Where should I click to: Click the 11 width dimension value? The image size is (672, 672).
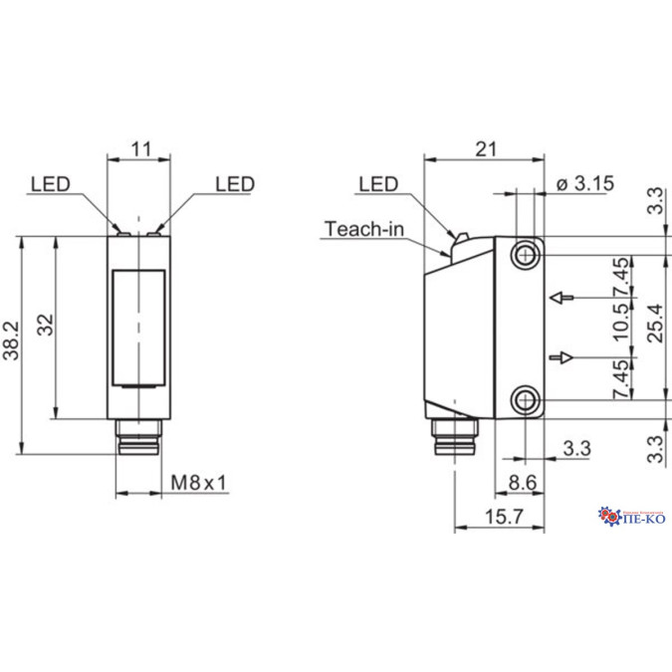pos(140,150)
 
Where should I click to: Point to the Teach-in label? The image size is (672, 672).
pos(364,229)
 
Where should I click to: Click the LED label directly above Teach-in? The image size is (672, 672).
pos(378,184)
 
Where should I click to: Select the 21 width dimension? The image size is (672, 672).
pos(485,149)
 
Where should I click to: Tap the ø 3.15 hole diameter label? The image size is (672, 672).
pos(585,183)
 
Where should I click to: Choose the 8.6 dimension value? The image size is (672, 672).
pos(523,483)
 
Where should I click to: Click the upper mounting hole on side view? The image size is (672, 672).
pos(525,255)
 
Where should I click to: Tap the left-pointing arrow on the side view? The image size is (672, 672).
pos(562,297)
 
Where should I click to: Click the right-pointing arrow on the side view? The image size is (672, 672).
pos(562,356)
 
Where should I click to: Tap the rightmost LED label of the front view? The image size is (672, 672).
pos(235,184)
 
